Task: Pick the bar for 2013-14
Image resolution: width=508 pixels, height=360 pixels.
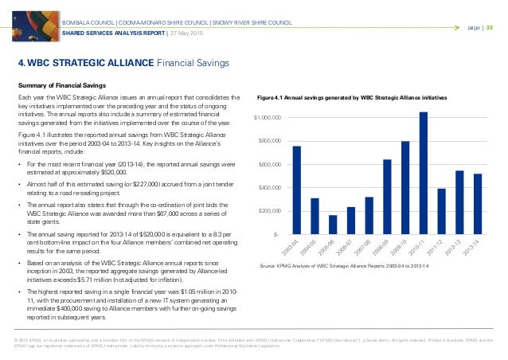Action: point(478,204)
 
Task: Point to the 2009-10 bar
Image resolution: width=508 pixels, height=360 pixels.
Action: point(405,187)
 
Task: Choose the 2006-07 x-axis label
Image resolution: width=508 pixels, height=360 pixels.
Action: point(346,250)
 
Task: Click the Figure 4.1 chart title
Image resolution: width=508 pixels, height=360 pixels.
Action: point(353,97)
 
